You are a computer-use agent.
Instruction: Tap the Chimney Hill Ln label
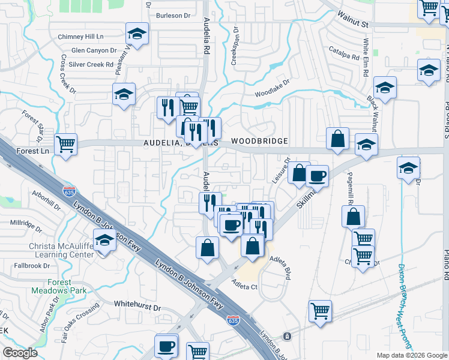pos(85,37)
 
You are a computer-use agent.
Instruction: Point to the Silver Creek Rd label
pos(91,64)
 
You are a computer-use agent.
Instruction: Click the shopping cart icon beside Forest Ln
pos(65,144)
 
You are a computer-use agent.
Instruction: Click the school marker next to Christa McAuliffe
pos(105,241)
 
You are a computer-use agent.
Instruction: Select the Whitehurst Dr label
pos(137,307)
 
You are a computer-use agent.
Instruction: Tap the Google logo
pos(20,353)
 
